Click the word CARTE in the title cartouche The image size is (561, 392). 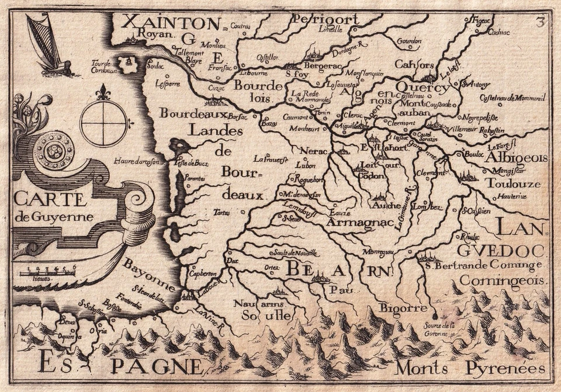tap(50, 199)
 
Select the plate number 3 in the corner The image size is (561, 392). tap(539, 22)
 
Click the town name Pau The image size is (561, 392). tap(334, 289)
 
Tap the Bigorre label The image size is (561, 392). tap(399, 307)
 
